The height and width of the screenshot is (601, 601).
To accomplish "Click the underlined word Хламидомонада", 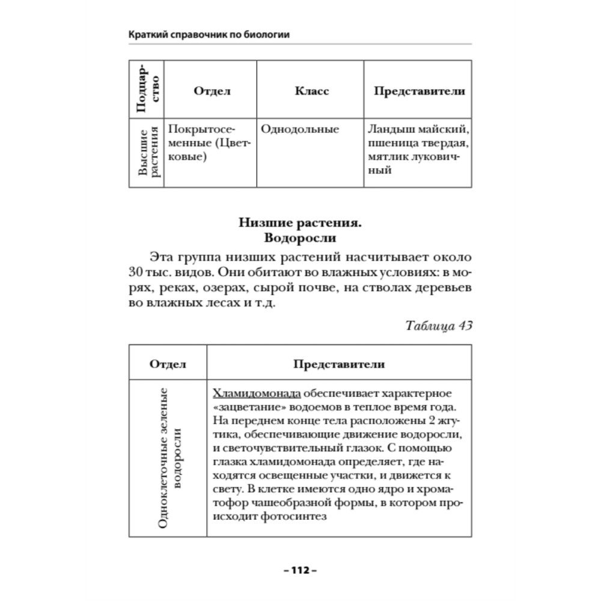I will pyautogui.click(x=257, y=395).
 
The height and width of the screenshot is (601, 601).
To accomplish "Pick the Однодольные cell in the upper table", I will pyautogui.click(x=300, y=129).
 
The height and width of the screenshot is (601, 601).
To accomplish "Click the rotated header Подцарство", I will pyautogui.click(x=147, y=90).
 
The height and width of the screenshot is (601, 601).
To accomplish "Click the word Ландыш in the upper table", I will pyautogui.click(x=391, y=129).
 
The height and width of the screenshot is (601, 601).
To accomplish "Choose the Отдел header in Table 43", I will pyautogui.click(x=168, y=364).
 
